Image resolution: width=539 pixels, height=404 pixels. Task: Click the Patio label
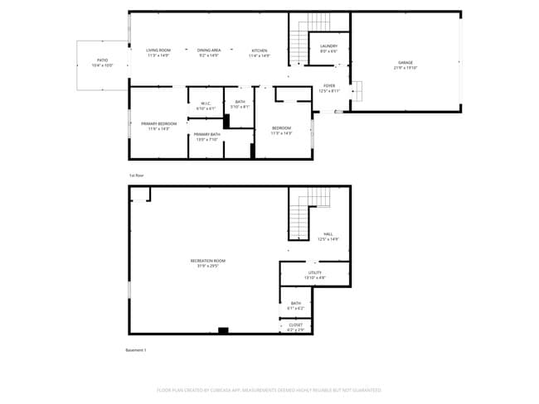(103, 62)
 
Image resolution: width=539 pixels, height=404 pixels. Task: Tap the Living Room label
(158, 52)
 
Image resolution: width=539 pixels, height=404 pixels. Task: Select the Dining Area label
(209, 52)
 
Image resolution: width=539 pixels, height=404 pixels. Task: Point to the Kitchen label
(260, 52)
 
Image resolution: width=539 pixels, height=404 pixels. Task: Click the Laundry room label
(328, 49)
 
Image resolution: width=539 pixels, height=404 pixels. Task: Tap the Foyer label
(329, 89)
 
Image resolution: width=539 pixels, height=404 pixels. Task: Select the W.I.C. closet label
(206, 106)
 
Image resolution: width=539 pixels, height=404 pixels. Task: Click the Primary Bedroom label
(153, 126)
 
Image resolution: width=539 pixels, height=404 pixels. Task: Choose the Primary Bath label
(206, 137)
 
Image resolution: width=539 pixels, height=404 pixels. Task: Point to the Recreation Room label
(207, 262)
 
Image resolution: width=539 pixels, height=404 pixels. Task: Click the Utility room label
(315, 275)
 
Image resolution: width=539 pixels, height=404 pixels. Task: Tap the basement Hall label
(328, 236)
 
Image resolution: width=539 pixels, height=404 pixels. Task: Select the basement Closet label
(296, 327)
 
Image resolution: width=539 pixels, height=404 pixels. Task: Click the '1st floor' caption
(136, 176)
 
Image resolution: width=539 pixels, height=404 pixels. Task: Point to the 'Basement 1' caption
(135, 350)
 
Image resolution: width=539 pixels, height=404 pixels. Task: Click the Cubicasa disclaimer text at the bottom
(269, 389)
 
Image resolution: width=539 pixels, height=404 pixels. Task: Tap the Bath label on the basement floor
(296, 305)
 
